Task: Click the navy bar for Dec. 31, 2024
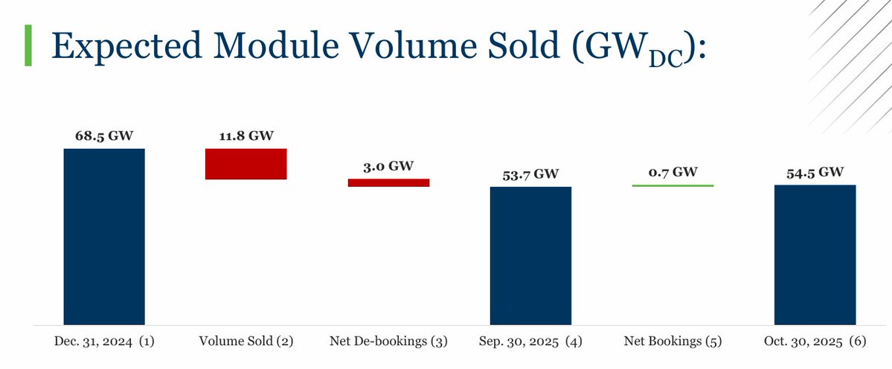coord(104,237)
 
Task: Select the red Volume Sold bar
coord(246,164)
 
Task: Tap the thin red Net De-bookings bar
coord(388,182)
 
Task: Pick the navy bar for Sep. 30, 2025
coord(530,255)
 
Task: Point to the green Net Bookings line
coord(673,185)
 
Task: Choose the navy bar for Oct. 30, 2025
coord(815,254)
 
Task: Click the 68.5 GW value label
coord(104,136)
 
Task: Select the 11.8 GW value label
coord(246,136)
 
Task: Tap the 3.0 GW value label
coord(388,166)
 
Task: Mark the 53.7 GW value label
coord(530,174)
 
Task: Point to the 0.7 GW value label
coord(673,172)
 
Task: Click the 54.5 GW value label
coord(815,172)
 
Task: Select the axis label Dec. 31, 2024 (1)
coord(104,341)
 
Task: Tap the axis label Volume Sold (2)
coord(246,341)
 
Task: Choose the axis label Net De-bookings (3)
coord(388,341)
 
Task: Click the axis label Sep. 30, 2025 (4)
coord(530,341)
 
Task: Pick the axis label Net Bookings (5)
coord(673,341)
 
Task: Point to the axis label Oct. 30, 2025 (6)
coord(815,341)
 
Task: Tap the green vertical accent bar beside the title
coord(28,45)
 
